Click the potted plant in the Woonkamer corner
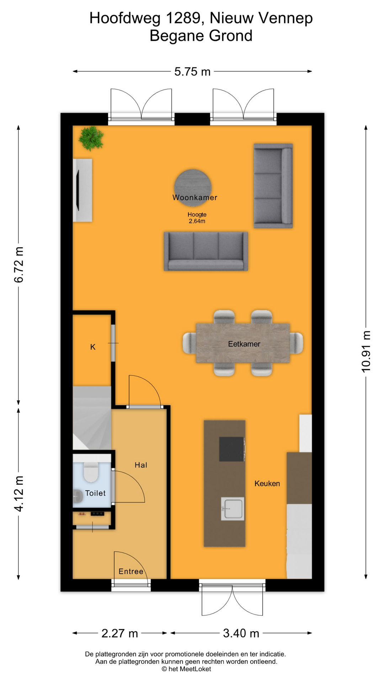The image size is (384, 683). [x=91, y=138]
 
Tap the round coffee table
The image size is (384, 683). [x=193, y=188]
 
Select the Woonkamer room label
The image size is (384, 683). [x=195, y=197]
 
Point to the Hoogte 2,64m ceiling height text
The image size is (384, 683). [x=197, y=218]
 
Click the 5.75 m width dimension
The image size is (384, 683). [x=192, y=72]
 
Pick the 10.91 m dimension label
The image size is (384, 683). [x=366, y=351]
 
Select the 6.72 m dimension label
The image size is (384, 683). [x=18, y=265]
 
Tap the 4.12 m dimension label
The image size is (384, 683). [x=18, y=494]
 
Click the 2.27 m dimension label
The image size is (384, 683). [x=120, y=633]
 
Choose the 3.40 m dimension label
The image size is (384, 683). [x=241, y=633]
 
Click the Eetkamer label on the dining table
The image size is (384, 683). [x=244, y=344]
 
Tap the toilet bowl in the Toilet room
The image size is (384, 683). [x=91, y=471]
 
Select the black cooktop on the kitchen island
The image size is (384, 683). [x=232, y=449]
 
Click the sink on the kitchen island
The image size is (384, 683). [x=233, y=509]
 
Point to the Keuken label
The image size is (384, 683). [x=267, y=483]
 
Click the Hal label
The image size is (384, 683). [x=141, y=465]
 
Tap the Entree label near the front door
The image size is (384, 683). [x=131, y=571]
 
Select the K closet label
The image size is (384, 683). [x=93, y=347]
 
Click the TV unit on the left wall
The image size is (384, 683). [x=82, y=190]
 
